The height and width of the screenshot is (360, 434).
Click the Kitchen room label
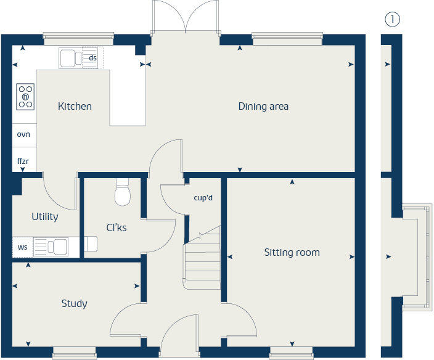(75, 106)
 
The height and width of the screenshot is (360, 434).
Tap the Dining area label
(263, 106)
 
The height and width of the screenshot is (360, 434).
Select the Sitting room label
(292, 252)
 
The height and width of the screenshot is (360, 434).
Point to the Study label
(74, 303)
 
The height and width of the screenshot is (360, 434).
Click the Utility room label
(45, 216)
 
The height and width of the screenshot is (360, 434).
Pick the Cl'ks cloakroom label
(117, 227)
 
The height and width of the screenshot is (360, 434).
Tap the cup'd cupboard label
(203, 198)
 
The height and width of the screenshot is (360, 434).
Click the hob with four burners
(25, 96)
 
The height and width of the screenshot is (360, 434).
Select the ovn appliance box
(23, 134)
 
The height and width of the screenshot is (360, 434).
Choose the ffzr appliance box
(23, 160)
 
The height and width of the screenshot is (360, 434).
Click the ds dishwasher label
(93, 58)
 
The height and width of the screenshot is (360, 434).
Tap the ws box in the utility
(22, 247)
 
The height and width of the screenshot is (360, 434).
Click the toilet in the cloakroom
(123, 193)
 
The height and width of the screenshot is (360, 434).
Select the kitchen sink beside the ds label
(72, 59)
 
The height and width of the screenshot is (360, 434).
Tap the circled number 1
(392, 19)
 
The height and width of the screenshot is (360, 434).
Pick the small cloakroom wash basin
(91, 245)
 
